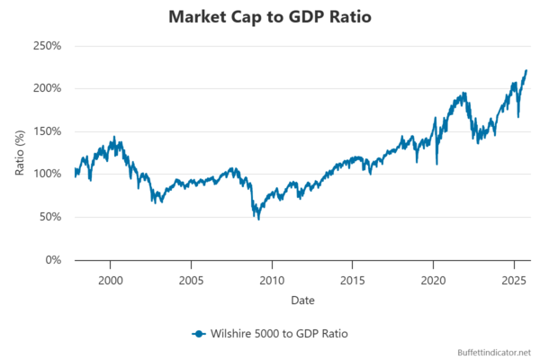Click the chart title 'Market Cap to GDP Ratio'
coord(270,17)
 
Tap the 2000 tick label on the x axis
coord(111,279)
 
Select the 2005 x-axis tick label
coord(191,279)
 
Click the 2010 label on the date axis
coord(272,279)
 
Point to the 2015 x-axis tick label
coord(353,279)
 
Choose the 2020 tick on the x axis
coord(434,279)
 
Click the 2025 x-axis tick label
coord(514,279)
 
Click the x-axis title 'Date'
coord(302,298)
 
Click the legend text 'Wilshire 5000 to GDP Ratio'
coord(279,333)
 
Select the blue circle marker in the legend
coord(198,333)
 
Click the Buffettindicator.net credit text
coord(496,352)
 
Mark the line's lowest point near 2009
coord(258,219)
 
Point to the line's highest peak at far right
coord(526,70)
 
